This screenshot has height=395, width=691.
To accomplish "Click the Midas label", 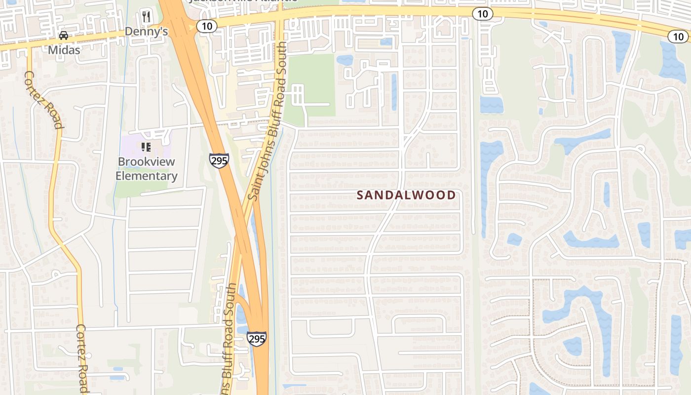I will point(64,50).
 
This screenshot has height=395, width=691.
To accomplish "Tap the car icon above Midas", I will point(64,36).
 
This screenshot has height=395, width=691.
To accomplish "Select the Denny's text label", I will point(146,32).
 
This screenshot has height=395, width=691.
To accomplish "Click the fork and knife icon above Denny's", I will point(146,16).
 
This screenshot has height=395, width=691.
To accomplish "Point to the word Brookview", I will point(146,162).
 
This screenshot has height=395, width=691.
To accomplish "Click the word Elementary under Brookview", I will point(146,176).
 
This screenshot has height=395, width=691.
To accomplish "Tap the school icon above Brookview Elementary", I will point(146,147).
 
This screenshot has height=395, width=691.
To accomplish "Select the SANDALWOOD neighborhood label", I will point(406,195).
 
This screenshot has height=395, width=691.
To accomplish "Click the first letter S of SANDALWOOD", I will point(360,195).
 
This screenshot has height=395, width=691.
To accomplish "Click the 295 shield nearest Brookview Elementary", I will point(219,160).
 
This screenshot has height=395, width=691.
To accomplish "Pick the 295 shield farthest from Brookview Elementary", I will point(257,339).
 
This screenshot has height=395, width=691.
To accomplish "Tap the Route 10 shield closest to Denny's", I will point(206,26).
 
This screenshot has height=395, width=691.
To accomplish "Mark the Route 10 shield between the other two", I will point(482,14).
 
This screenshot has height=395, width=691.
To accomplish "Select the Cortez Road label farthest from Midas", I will point(82,358).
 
